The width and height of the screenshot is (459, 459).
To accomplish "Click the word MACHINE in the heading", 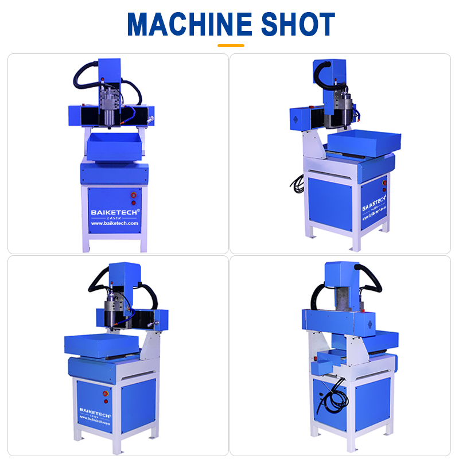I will tap(189, 24).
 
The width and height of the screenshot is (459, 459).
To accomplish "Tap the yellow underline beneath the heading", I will tap(231, 45).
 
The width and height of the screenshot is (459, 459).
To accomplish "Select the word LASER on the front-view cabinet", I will tap(114, 218).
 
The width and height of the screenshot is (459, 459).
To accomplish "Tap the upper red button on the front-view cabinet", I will tap(134, 194).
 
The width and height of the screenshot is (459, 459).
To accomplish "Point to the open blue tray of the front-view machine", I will tap(114, 146).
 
